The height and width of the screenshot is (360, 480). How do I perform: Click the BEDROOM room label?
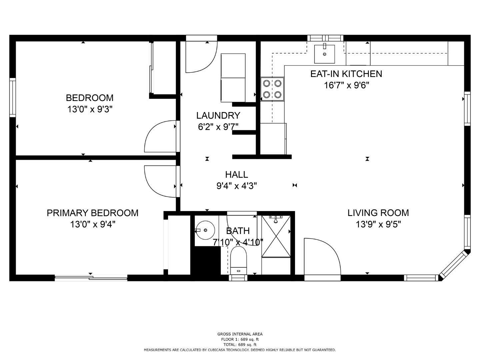click(90, 98)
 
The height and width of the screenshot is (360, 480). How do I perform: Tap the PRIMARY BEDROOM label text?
click(92, 213)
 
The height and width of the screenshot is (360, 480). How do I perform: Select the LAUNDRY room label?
click(218, 115)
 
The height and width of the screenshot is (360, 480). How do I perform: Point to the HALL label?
click(236, 174)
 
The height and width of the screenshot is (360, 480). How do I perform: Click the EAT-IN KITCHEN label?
click(346, 74)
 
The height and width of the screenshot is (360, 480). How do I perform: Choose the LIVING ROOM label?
click(378, 213)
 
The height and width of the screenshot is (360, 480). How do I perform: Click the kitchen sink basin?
click(324, 54)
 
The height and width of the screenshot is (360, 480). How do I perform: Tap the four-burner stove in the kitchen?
click(272, 89)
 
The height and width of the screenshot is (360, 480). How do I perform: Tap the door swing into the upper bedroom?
click(159, 137)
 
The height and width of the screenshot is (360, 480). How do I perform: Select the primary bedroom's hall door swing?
click(159, 182)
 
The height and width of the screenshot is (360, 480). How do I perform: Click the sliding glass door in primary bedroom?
click(91, 278)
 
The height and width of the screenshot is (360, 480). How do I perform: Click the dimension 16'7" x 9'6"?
click(346, 85)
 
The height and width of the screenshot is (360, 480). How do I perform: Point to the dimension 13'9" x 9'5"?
click(378, 224)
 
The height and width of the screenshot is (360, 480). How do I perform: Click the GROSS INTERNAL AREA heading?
click(240, 334)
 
